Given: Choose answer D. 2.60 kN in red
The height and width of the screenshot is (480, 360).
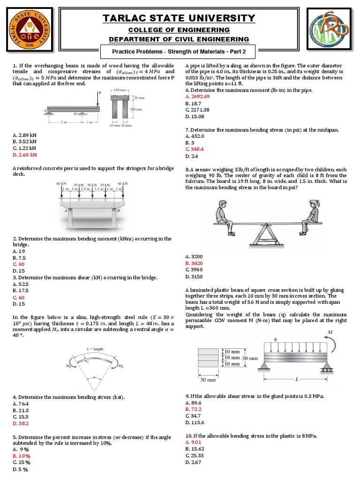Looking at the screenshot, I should point(25,154).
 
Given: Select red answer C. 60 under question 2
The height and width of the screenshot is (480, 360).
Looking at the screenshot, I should point(19,264).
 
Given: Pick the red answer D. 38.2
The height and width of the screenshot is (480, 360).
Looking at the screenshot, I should point(21,423).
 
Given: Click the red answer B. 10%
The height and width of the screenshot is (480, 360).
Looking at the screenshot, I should point(22,456).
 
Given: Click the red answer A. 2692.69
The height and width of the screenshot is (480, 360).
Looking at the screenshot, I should point(198,96).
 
